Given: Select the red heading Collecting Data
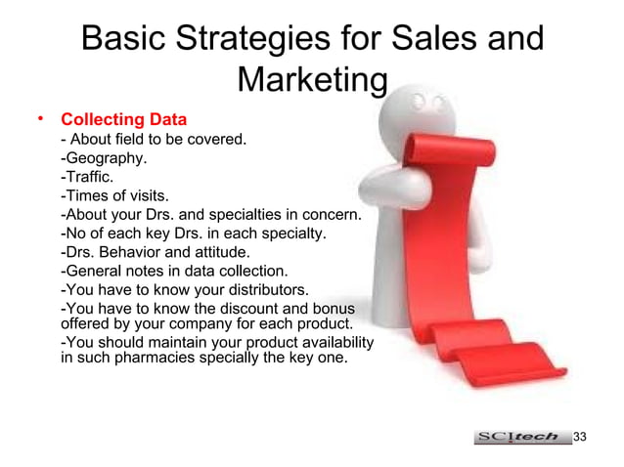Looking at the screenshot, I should tap(123, 121).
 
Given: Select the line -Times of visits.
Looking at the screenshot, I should tap(114, 195).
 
